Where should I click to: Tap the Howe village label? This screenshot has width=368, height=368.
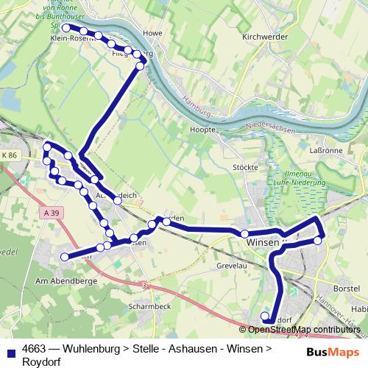[x=152, y=33]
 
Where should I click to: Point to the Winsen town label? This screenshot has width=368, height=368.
[x=262, y=241]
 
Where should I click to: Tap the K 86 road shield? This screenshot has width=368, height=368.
[x=9, y=156]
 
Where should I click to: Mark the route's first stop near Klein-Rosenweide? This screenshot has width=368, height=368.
[x=66, y=28]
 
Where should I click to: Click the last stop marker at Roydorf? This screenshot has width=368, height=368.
[x=265, y=317]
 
